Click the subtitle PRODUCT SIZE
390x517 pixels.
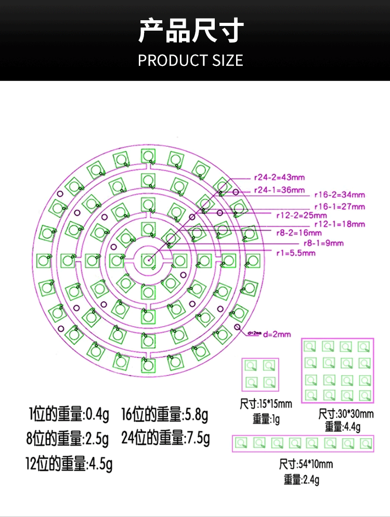(191, 60)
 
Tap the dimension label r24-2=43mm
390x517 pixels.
(279, 176)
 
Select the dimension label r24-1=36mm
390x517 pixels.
(279, 190)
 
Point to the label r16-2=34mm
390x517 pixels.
(340, 195)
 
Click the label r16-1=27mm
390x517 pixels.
(340, 207)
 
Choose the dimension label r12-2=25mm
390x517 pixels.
(302, 215)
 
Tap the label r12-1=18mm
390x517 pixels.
(340, 224)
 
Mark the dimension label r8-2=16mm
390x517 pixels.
(300, 233)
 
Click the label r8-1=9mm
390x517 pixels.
(323, 243)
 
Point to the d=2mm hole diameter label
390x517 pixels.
(277, 334)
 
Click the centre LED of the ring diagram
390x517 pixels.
(148, 260)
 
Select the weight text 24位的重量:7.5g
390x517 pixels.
(165, 439)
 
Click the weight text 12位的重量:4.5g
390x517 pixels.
(69, 463)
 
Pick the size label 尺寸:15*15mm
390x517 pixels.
(266, 403)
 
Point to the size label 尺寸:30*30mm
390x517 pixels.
(346, 414)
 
